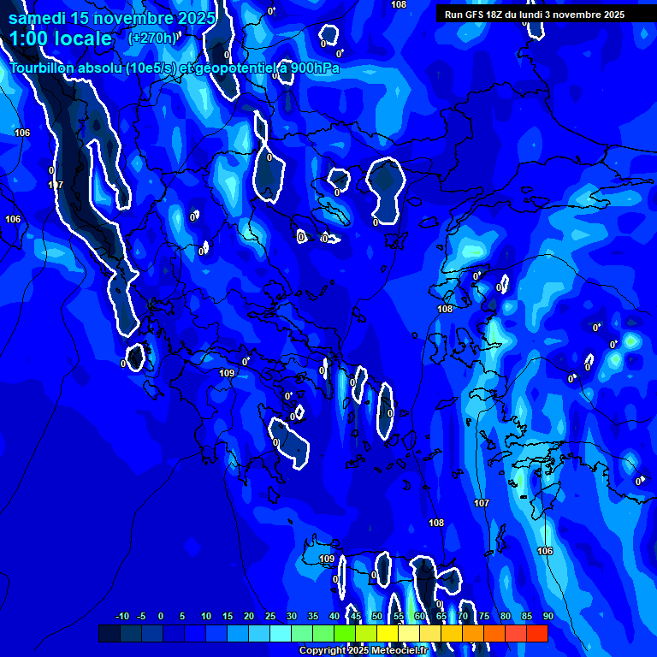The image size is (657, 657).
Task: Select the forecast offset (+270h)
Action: pos(152,38)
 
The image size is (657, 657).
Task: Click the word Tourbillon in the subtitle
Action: pos(42,68)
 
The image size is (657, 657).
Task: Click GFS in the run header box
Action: pos(474,15)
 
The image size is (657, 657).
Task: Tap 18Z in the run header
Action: pos(495,15)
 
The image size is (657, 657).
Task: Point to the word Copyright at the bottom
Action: pos(322,651)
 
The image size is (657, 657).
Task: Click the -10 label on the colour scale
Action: pos(121,616)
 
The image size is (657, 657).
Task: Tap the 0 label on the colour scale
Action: pos(161,616)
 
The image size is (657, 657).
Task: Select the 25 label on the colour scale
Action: pos(269,616)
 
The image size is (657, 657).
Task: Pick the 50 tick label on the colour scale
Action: pos(377,616)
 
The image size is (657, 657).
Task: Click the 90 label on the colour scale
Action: pos(548,616)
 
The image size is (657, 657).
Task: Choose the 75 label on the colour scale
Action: pos(484,616)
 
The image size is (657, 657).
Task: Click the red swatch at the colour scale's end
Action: pos(536,633)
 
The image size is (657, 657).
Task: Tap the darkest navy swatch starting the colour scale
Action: pos(109,633)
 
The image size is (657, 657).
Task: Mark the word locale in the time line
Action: pos(80,38)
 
